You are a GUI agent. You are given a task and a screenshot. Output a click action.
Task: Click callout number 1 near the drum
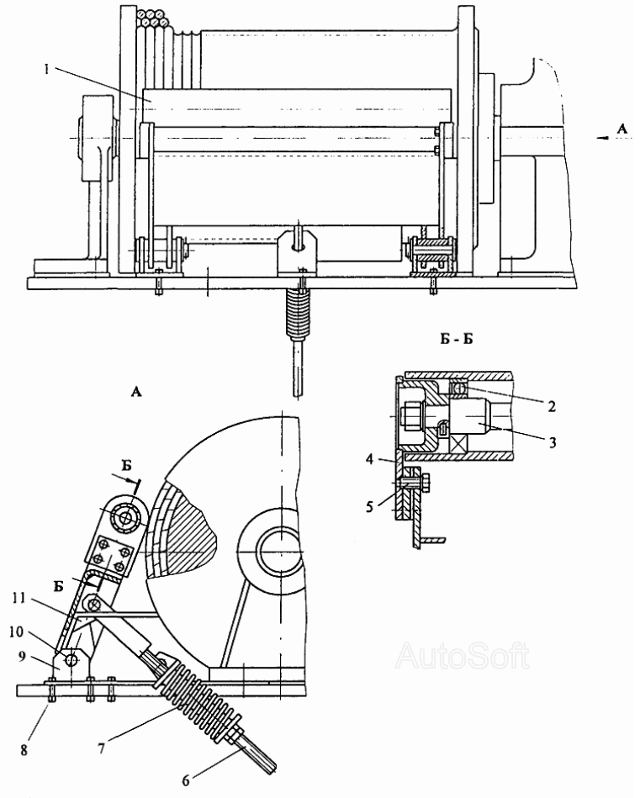45,70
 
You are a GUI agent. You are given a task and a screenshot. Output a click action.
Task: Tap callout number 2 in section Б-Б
552,406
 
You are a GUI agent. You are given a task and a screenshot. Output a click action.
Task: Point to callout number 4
371,460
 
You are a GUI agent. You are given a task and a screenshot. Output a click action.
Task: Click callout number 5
371,506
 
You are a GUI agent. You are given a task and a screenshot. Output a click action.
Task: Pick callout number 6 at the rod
187,780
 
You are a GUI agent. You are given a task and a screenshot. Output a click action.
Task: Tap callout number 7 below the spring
101,748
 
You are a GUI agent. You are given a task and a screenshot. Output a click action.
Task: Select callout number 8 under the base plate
24,750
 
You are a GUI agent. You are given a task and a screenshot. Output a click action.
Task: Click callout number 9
21,657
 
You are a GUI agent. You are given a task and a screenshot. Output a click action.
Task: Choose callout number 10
16,632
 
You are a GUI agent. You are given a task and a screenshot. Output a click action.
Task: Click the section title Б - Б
456,338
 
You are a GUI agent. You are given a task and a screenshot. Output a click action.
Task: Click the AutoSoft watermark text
462,656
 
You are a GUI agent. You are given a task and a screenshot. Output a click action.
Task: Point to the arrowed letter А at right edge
622,129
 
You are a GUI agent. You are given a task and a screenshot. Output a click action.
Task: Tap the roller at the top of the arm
125,517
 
